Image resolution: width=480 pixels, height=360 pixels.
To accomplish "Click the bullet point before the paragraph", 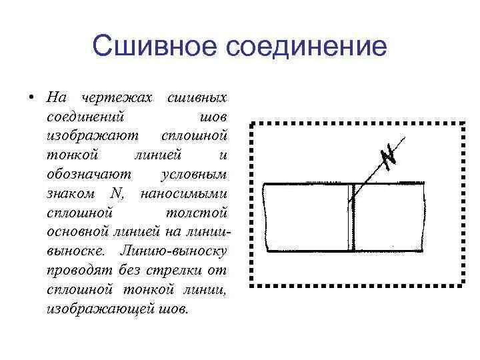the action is tap(31, 98).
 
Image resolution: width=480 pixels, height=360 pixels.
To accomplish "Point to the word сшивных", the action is tap(198, 98).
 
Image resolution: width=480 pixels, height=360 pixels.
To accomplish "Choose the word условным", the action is tap(195, 175).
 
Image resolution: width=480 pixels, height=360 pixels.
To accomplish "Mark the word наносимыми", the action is tap(185, 194).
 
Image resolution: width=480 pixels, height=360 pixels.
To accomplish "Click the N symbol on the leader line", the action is tap(388, 156).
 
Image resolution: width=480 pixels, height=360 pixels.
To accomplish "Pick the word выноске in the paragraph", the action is tap(75, 252).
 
